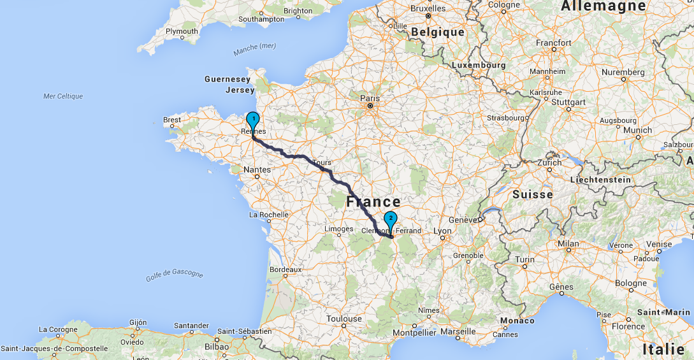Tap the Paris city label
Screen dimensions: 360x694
click(x=370, y=98)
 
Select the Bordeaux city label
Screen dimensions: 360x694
click(x=285, y=270)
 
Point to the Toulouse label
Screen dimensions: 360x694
click(x=343, y=319)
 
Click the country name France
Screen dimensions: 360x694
click(x=373, y=202)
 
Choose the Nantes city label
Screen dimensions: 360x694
click(x=257, y=170)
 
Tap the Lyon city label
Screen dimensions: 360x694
click(x=442, y=231)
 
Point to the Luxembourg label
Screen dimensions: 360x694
click(x=478, y=65)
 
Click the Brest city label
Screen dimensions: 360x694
click(x=172, y=120)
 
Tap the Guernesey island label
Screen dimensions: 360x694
click(x=228, y=80)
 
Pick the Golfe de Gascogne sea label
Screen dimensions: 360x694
click(x=175, y=273)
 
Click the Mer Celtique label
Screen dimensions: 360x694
click(x=63, y=96)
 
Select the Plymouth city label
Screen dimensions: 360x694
click(x=182, y=31)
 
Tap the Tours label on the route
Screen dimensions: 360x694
click(x=322, y=163)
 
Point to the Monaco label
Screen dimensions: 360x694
click(x=517, y=320)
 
